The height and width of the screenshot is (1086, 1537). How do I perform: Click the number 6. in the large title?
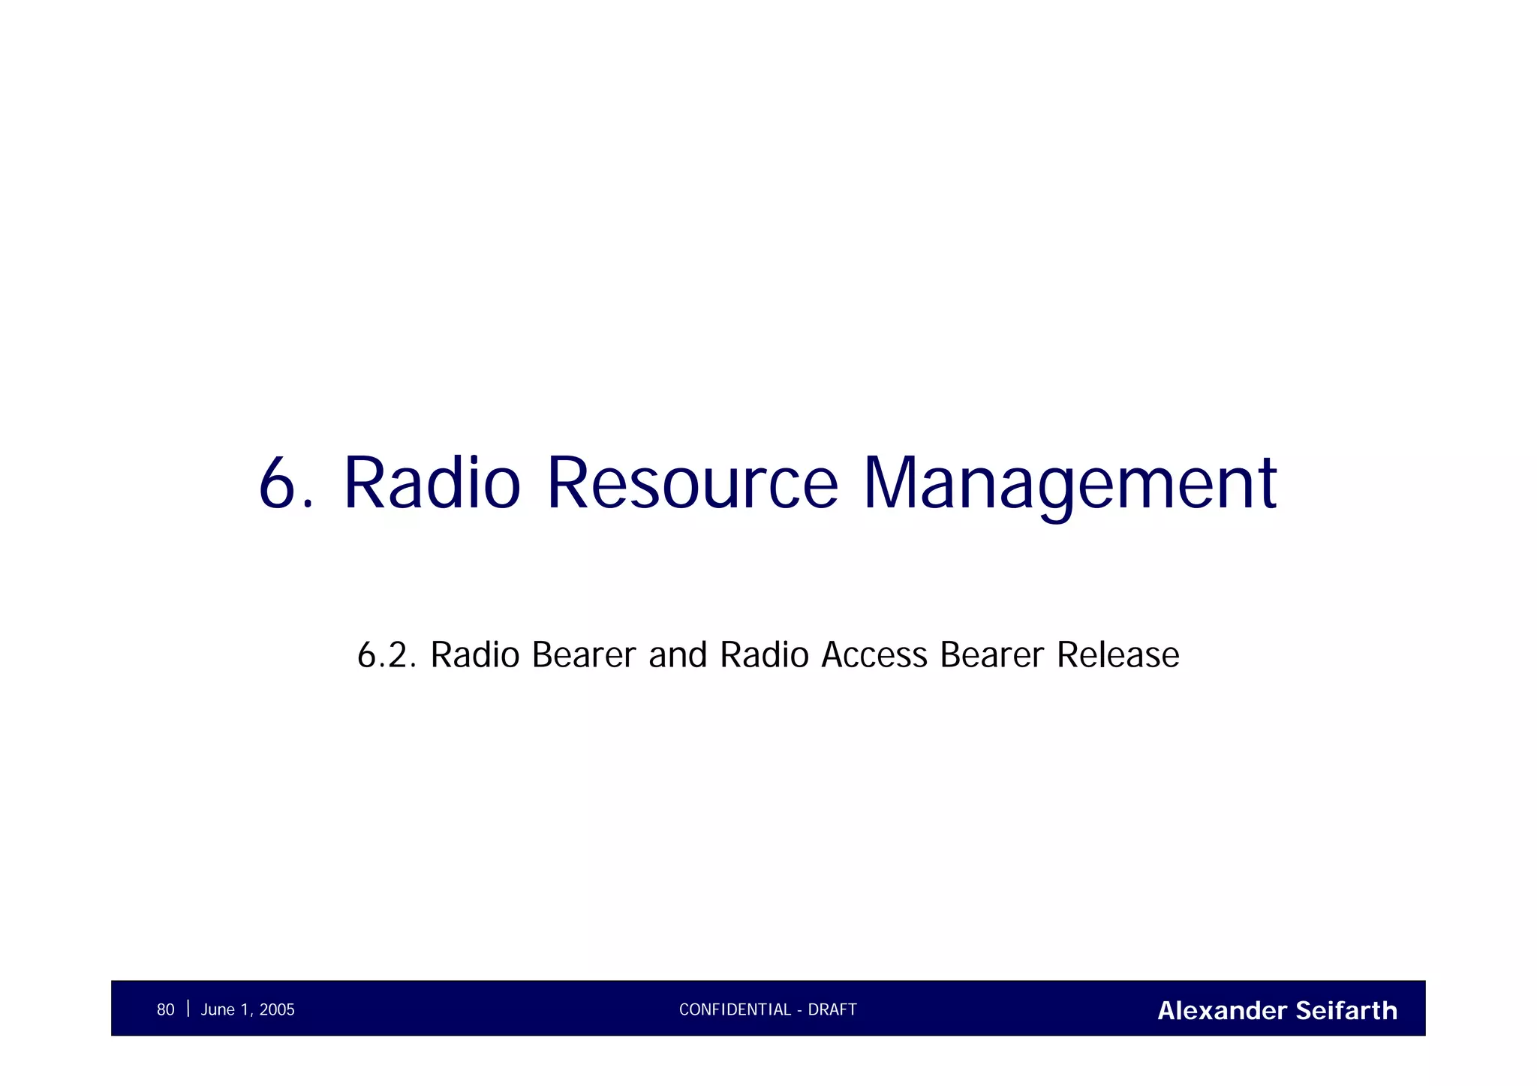pos(286,483)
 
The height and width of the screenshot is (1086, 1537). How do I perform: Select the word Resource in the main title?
pos(691,483)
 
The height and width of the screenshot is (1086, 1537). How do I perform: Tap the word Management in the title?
pos(1069,483)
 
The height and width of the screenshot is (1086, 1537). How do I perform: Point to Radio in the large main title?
pos(432,483)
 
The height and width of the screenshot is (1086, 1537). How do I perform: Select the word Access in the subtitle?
pos(874,655)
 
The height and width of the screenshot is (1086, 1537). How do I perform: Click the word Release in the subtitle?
pos(1117,655)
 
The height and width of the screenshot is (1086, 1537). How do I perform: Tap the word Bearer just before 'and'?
pos(583,655)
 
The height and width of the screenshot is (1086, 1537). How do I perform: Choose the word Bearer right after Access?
pos(991,655)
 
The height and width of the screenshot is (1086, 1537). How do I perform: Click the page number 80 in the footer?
pos(165,1010)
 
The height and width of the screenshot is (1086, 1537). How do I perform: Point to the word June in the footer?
pos(218,1010)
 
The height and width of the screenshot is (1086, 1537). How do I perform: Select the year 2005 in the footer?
pos(277,1010)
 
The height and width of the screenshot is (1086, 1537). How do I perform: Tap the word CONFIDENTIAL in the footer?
pos(735,1010)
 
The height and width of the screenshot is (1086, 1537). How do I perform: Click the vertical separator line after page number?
pos(188,1009)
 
